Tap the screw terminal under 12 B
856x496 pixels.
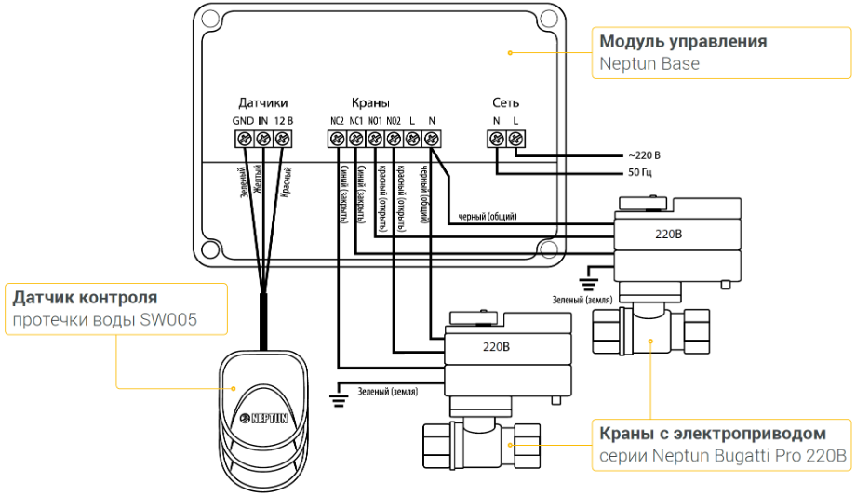tap(283, 139)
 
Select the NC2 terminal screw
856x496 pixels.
tap(337, 139)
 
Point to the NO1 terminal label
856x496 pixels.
tap(374, 121)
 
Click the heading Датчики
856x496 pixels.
tap(262, 102)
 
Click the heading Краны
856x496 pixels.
tap(370, 102)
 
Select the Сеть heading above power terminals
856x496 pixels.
tap(506, 102)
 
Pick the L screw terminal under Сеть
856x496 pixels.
tap(516, 139)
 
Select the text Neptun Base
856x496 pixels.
tap(649, 64)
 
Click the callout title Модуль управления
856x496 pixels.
tap(683, 42)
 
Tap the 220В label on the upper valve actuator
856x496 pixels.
tap(666, 235)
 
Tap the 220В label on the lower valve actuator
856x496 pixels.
tap(498, 349)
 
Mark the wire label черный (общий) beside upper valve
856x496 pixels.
tap(488, 217)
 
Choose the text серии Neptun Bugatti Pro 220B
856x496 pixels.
tap(722, 457)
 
